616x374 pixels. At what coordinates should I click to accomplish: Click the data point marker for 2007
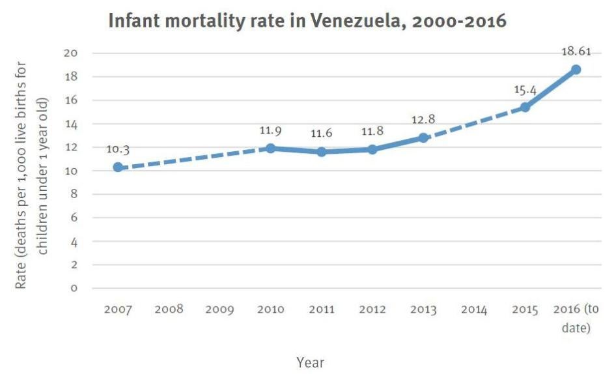pyautogui.click(x=118, y=167)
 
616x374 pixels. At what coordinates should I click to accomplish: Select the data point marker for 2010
pyautogui.click(x=270, y=148)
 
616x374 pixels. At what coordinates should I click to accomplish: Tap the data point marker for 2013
pyautogui.click(x=423, y=137)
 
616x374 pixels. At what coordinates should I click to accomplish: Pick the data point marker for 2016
pyautogui.click(x=576, y=70)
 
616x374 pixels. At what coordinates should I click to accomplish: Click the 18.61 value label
pyautogui.click(x=576, y=51)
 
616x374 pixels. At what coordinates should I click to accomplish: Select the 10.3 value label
pyautogui.click(x=118, y=149)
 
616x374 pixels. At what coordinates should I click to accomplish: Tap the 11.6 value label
pyautogui.click(x=321, y=134)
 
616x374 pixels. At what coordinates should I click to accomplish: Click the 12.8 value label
pyautogui.click(x=423, y=119)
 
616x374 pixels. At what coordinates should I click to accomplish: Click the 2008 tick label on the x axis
pyautogui.click(x=169, y=309)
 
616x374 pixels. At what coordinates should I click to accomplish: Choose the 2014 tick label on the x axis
pyautogui.click(x=474, y=309)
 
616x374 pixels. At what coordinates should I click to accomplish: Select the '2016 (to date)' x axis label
pyautogui.click(x=576, y=318)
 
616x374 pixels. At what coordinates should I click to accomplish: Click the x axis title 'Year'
pyautogui.click(x=310, y=362)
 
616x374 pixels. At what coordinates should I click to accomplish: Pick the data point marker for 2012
pyautogui.click(x=372, y=149)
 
